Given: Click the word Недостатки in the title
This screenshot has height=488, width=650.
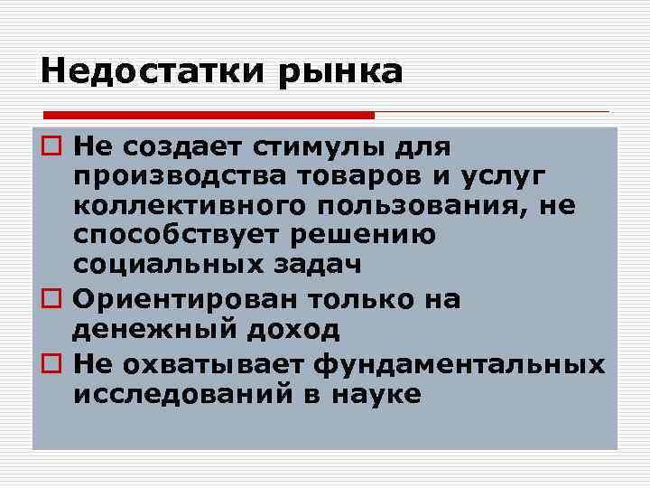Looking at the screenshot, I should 144,70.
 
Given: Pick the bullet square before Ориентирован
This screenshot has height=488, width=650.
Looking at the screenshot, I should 52,299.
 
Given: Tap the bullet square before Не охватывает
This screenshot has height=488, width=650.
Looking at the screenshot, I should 52,362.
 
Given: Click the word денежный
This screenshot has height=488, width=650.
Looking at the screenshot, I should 144,331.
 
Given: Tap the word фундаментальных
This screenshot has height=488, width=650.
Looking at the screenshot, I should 461,363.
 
